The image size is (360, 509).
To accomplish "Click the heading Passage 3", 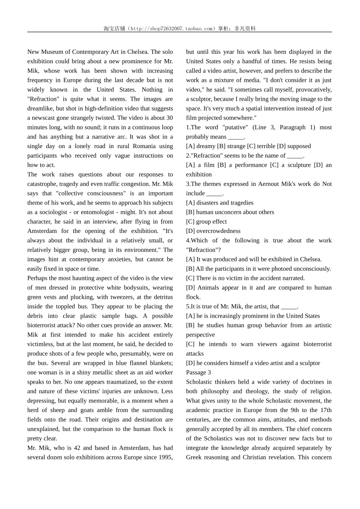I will pos(199,372).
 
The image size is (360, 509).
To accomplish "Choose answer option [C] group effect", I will pos(207,222).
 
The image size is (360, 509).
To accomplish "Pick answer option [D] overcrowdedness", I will pos(213,231).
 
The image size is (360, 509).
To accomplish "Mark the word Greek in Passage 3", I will pos(194,457).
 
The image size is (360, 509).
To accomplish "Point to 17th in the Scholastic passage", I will pos(326,410).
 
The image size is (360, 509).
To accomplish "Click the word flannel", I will pos(138,363).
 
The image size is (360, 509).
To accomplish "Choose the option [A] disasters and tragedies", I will pos(220,203).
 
